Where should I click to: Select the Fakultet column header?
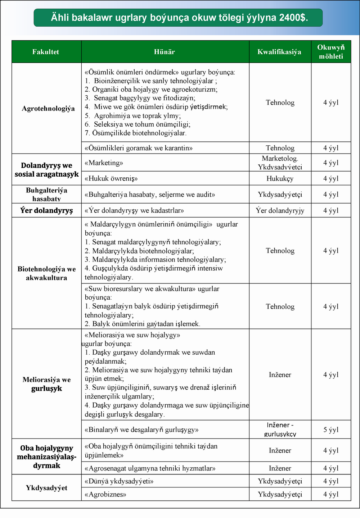tap(46, 52)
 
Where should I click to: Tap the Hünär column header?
tap(165, 52)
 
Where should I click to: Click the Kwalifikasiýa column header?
tap(279, 52)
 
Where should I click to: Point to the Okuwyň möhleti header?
tap(331, 52)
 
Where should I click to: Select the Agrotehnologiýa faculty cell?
tap(48, 108)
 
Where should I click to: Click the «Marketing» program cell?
tap(104, 163)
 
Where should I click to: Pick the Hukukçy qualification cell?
tap(280, 178)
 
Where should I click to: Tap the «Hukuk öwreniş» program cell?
tap(111, 178)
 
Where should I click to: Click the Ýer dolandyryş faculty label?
tap(46, 210)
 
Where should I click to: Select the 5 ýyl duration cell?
tap(331, 430)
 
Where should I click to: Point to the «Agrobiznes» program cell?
tap(105, 494)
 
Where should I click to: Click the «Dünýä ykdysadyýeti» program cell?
tap(119, 481)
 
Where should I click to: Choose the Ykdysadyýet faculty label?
tap(46, 488)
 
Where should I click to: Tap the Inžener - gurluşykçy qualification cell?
tap(280, 430)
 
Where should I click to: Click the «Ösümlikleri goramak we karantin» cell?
tap(139, 148)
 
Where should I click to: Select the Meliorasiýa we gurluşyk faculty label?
tap(46, 384)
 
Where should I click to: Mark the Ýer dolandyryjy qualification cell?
tap(280, 210)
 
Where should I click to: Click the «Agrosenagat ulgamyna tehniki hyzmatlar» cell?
tap(150, 468)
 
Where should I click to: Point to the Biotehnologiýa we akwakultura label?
tap(46, 273)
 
